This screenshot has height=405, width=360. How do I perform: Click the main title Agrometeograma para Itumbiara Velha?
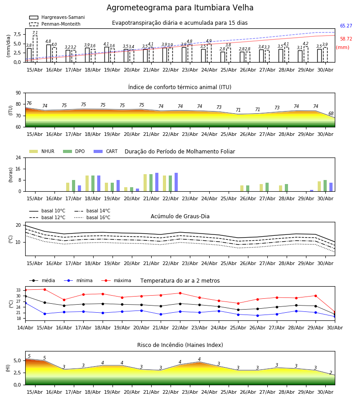tap(180, 8)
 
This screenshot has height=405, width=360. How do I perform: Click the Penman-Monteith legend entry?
tap(55, 24)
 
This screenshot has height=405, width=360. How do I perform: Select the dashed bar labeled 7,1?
tap(35, 49)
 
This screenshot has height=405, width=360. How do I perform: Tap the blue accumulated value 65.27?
tap(346, 26)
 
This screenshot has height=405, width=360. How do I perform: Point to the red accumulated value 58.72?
tap(346, 39)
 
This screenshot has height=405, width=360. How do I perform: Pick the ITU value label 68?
tap(331, 114)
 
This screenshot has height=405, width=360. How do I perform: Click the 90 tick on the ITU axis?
tap(18, 93)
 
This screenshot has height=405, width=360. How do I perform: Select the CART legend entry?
tap(105, 151)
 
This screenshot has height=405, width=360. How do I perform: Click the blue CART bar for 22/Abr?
tap(176, 182)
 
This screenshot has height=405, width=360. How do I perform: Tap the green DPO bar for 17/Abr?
tap(74, 186)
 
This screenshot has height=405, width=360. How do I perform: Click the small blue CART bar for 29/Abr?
tap(312, 191)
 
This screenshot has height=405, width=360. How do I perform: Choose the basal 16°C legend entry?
tap(92, 218)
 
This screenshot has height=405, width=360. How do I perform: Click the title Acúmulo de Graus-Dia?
tap(180, 216)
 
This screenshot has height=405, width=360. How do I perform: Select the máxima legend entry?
tap(116, 280)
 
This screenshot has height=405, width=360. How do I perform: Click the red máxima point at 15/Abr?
tap(45, 289)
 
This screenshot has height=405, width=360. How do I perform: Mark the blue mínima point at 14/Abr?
tap(25, 303)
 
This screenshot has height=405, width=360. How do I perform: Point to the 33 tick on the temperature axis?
tap(18, 290)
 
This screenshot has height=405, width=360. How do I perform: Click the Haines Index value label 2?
tap(331, 373)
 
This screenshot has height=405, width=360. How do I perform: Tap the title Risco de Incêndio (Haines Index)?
tap(180, 345)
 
